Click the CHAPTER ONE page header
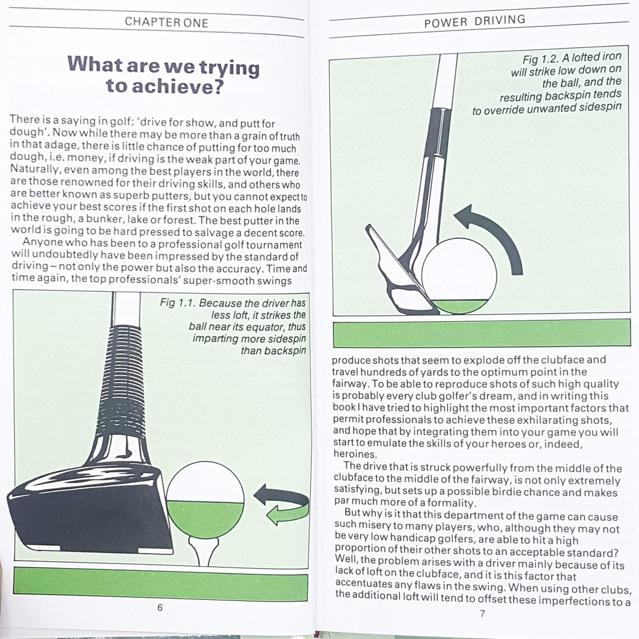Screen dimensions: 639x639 tap(166, 22)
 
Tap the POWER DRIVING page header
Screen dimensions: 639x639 tap(474, 21)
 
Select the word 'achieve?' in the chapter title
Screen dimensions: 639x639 tap(163, 86)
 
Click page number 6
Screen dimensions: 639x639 tap(160, 608)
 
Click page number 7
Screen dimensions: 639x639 tap(482, 613)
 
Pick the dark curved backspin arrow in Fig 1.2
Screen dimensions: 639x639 tap(495, 234)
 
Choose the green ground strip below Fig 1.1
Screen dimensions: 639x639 tap(160, 584)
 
